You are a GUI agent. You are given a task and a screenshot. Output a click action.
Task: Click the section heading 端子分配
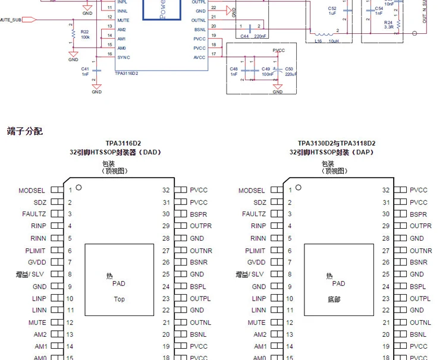(25, 131)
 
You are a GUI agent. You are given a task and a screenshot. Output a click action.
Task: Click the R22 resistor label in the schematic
(84, 31)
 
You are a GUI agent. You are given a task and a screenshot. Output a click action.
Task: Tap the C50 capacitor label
(289, 69)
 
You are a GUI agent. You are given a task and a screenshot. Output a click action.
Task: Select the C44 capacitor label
(244, 36)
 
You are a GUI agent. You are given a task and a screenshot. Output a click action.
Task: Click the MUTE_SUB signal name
(11, 20)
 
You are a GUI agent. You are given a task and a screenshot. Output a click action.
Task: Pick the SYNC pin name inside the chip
(123, 57)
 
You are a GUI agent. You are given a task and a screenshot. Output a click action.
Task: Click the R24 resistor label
(388, 22)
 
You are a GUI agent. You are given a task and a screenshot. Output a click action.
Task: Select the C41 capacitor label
(85, 68)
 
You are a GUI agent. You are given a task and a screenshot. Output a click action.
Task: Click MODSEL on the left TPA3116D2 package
(32, 191)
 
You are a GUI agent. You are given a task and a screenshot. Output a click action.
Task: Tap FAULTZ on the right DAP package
(253, 214)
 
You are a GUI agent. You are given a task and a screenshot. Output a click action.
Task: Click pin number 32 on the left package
(166, 190)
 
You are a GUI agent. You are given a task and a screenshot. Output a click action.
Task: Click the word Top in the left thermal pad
(119, 299)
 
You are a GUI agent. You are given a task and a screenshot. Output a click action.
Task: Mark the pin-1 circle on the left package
(78, 188)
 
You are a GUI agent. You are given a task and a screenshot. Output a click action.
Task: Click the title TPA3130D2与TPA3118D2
(337, 143)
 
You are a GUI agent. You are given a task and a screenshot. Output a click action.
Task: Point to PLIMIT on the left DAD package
(35, 251)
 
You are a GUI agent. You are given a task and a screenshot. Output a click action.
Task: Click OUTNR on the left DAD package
(201, 251)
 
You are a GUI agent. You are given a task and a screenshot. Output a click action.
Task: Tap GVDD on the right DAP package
(256, 262)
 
